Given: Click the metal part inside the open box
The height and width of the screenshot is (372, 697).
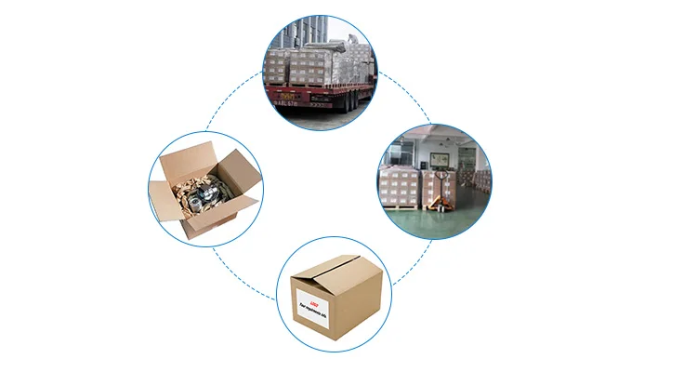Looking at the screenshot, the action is (204, 194).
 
